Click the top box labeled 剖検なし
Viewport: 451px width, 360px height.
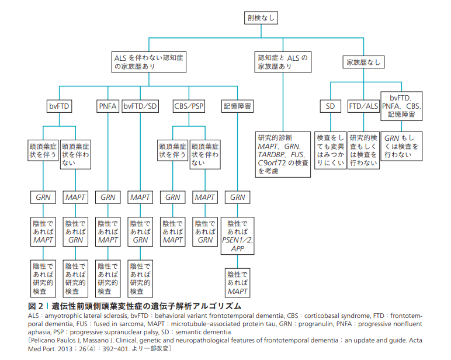tap(259, 18)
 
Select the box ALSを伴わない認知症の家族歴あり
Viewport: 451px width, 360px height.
tap(150, 63)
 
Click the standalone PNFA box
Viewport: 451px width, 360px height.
tap(107, 106)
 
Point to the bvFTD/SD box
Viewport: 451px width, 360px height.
tap(141, 106)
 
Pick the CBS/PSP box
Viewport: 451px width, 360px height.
tap(189, 106)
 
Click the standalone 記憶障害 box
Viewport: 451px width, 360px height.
tap(237, 106)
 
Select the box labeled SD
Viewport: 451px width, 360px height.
tap(331, 106)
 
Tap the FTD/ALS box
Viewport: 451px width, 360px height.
tap(363, 106)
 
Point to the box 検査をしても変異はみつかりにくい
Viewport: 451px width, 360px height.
tap(331, 150)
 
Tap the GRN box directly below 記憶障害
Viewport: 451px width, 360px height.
tap(237, 198)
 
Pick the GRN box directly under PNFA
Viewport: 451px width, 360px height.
tap(107, 198)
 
